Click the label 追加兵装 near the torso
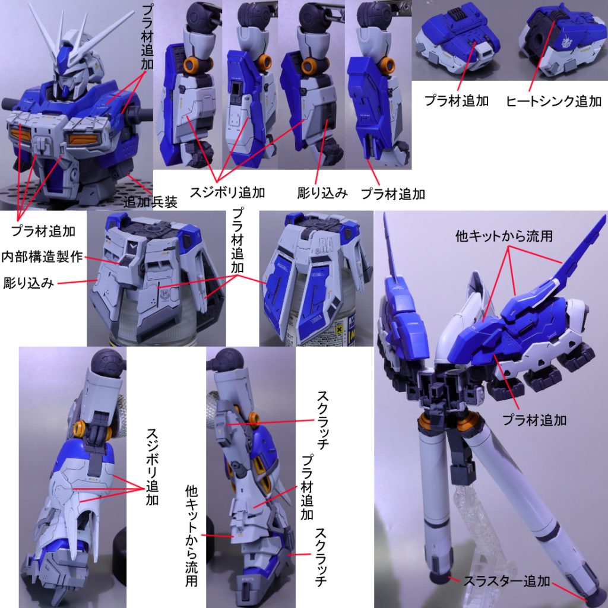[x=151, y=202]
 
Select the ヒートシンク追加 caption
[x=553, y=102]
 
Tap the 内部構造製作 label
[x=42, y=258]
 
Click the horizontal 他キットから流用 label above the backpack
[x=504, y=236]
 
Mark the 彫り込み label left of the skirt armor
[x=29, y=283]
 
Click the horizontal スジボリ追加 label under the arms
[x=227, y=192]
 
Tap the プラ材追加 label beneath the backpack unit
[x=534, y=420]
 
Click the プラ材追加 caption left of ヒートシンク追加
[x=457, y=102]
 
